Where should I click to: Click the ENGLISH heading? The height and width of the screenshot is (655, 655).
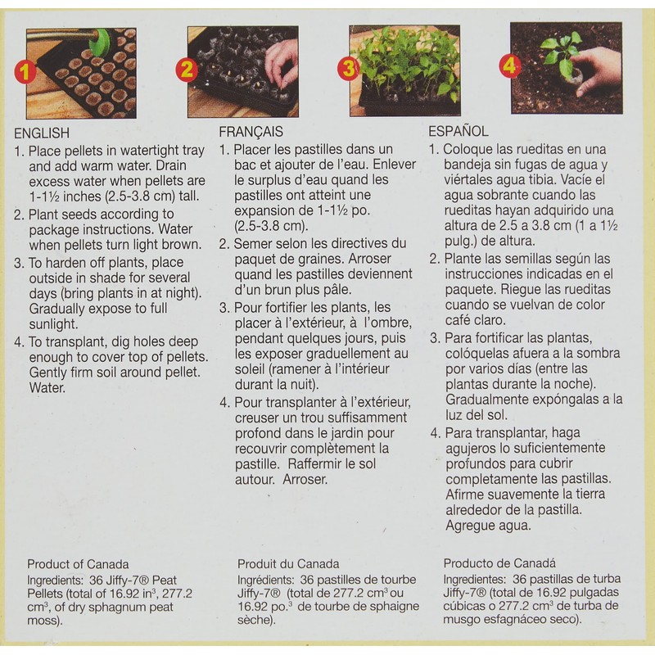click(x=42, y=133)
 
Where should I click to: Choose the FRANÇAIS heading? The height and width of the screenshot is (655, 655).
click(x=251, y=131)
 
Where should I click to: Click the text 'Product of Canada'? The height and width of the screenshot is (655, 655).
click(x=78, y=564)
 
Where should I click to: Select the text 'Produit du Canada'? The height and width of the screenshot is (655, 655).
click(x=288, y=564)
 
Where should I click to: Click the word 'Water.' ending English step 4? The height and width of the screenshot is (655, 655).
click(x=47, y=388)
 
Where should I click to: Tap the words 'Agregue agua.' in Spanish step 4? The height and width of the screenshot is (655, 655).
click(x=489, y=526)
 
